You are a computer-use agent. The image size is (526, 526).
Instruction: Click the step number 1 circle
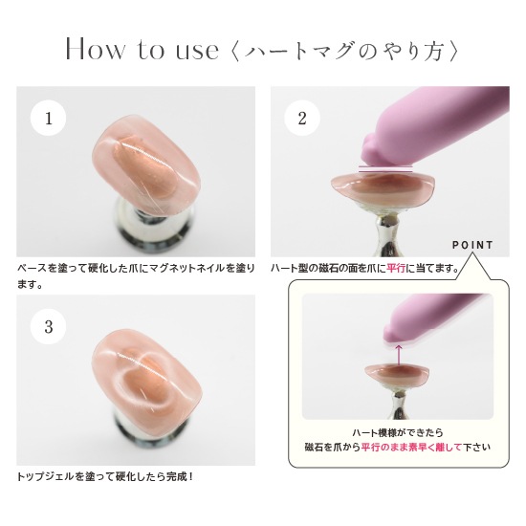click(x=49, y=118)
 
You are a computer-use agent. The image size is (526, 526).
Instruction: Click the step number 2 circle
click(x=302, y=118)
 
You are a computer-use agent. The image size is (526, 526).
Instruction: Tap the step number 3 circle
click(x=49, y=326)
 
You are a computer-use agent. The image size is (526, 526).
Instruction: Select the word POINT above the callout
click(x=472, y=245)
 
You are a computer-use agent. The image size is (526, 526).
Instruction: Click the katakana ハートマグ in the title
click(x=299, y=52)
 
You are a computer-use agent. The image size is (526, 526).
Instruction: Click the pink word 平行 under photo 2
click(x=396, y=269)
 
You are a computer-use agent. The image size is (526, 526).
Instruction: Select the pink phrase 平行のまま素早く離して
click(x=411, y=448)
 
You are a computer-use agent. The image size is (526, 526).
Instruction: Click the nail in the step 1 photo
click(x=146, y=165)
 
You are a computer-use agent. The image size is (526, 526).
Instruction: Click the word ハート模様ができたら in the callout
click(x=398, y=433)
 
